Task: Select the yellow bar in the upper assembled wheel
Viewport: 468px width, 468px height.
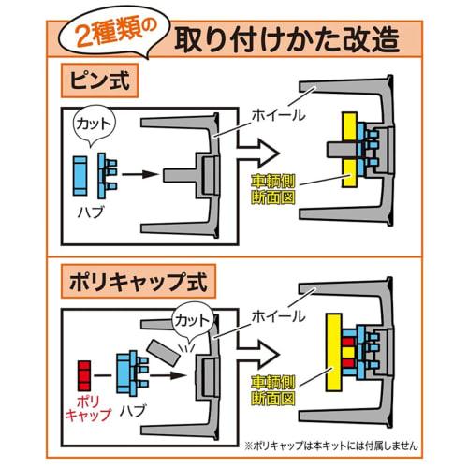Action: [x=351, y=151]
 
